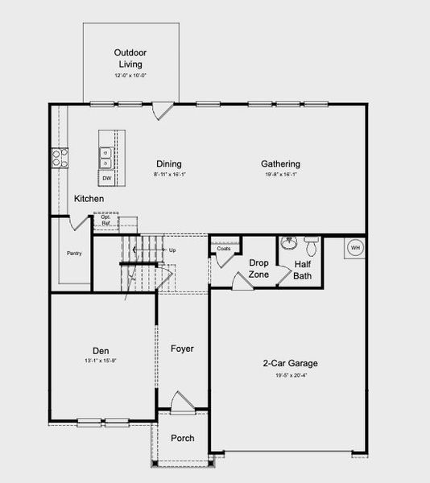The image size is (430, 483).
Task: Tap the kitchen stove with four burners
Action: pyautogui.click(x=59, y=156)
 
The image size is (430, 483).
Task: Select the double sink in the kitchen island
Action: pyautogui.click(x=106, y=157)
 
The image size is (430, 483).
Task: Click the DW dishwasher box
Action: pyautogui.click(x=106, y=178)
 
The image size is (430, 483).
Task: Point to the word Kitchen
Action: pyautogui.click(x=89, y=198)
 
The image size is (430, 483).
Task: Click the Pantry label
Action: pyautogui.click(x=74, y=253)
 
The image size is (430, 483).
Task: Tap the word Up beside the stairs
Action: pyautogui.click(x=172, y=250)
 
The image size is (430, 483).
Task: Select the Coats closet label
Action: pyautogui.click(x=224, y=249)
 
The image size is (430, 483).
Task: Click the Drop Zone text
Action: pyautogui.click(x=258, y=269)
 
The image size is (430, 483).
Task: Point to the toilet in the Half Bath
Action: pyautogui.click(x=311, y=245)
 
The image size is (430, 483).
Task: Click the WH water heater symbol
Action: pyautogui.click(x=354, y=249)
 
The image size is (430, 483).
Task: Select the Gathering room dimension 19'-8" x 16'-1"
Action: pyautogui.click(x=280, y=175)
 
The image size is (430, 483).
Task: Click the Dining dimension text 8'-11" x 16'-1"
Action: pyautogui.click(x=168, y=175)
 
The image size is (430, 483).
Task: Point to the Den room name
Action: pyautogui.click(x=101, y=351)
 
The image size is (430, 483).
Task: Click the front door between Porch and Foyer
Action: pyautogui.click(x=182, y=402)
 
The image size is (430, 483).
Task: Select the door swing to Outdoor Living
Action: pyautogui.click(x=163, y=108)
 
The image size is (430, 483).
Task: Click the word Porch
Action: pyautogui.click(x=182, y=438)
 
